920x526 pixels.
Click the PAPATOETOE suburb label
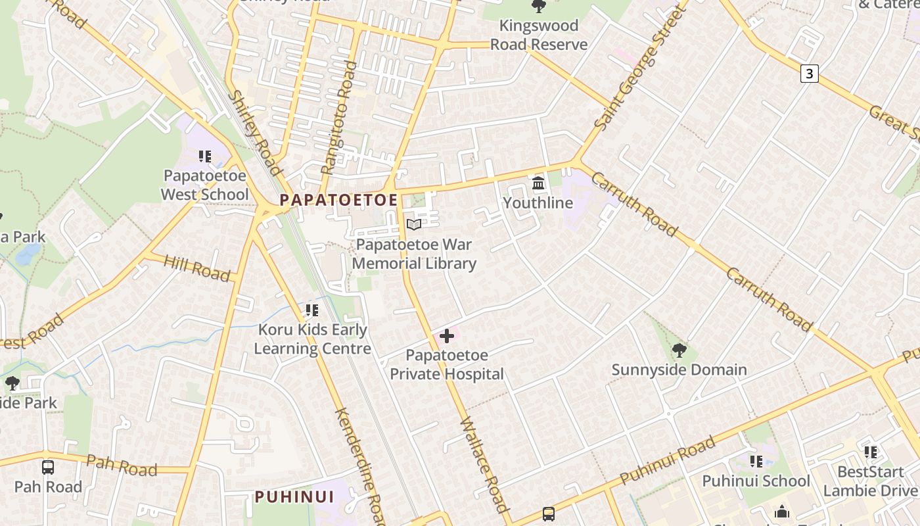pos(338,200)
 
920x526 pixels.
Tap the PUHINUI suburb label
pos(294,496)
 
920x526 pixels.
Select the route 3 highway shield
pos(809,74)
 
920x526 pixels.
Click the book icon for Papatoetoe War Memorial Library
pos(414,225)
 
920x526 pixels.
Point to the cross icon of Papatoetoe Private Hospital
pos(447,337)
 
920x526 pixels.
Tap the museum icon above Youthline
pos(538,183)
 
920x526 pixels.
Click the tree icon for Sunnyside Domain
pos(679,350)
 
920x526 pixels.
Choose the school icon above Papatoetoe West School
pos(205,156)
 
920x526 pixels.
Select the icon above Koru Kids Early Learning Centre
pos(312,310)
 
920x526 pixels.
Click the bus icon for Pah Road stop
pos(48,467)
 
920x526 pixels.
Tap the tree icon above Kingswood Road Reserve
pos(539,7)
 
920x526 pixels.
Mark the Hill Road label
pos(197,268)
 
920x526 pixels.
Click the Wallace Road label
pos(484,464)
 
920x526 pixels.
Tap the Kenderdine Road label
pos(359,466)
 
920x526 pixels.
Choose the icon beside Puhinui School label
pos(756,462)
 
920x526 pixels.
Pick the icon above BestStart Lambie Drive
pos(871,452)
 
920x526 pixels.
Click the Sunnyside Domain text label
pos(679,370)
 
